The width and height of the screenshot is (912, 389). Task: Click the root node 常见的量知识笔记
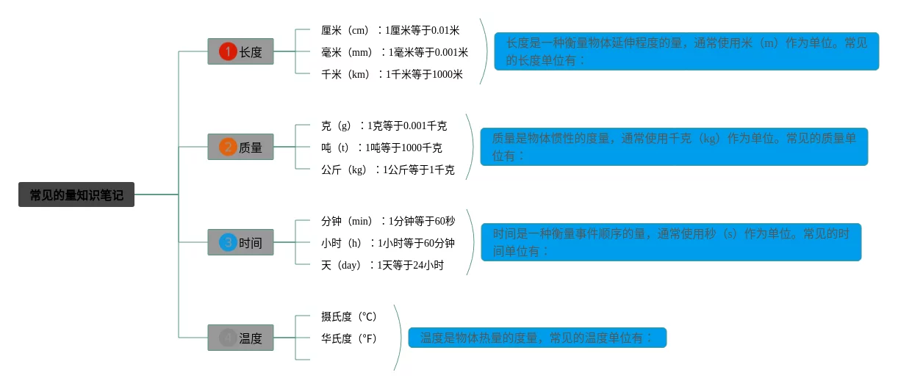click(76, 194)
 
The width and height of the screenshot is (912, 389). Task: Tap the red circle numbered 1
click(228, 51)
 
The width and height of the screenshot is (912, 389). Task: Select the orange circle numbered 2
click(228, 147)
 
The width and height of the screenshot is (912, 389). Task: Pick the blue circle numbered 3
click(228, 242)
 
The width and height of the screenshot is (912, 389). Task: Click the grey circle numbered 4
click(228, 338)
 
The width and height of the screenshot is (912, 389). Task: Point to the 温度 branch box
click(240, 338)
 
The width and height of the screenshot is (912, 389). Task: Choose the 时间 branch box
click(240, 242)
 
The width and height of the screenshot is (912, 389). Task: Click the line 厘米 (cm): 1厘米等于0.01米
click(390, 30)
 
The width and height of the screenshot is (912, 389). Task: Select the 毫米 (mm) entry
click(395, 52)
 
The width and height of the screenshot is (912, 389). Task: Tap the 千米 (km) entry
click(392, 74)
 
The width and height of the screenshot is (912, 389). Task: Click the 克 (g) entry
click(384, 126)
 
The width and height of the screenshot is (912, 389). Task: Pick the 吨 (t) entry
click(381, 148)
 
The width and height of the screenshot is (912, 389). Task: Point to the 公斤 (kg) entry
click(387, 170)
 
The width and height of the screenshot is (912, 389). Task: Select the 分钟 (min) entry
click(388, 221)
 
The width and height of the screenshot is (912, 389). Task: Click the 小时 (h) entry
click(387, 243)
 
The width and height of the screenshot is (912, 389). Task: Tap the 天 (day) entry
click(382, 265)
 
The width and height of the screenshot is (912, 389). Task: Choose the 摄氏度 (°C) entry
click(349, 316)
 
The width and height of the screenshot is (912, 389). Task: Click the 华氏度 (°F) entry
click(349, 338)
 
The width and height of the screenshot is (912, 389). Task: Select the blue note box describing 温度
click(537, 338)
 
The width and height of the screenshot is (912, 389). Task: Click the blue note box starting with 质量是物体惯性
click(674, 147)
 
